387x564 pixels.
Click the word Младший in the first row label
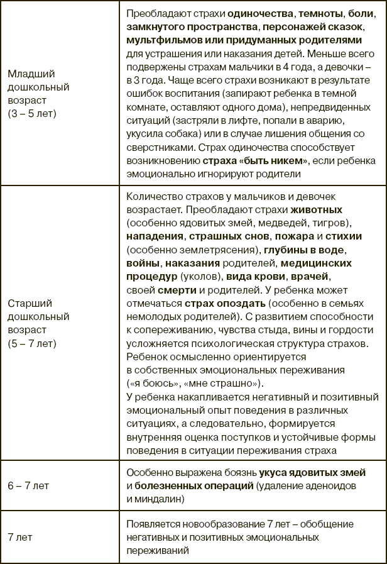click(30, 74)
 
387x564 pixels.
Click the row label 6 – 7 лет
click(30, 486)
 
